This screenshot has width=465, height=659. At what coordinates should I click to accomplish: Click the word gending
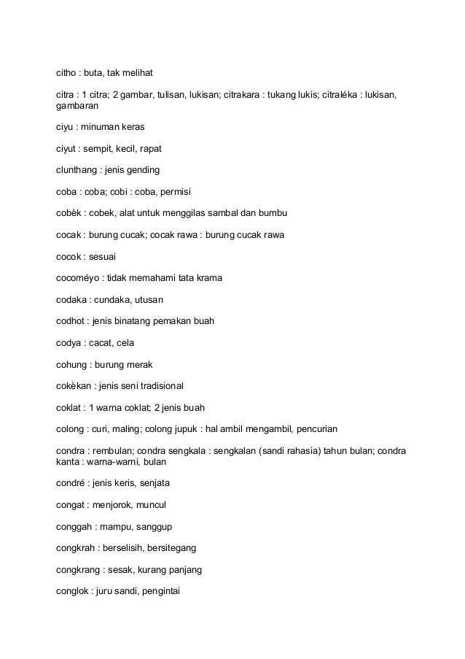(x=144, y=170)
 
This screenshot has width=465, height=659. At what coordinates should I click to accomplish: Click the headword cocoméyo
(x=79, y=278)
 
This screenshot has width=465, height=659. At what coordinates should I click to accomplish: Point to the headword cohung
(x=72, y=364)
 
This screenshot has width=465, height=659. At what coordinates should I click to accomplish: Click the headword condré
(x=72, y=483)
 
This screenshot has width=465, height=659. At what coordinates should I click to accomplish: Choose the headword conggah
(x=75, y=526)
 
